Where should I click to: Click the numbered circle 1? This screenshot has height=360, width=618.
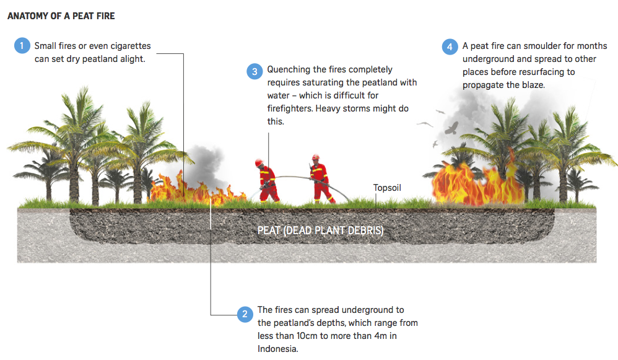coord(22,46)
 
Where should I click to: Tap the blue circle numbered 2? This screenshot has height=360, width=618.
coord(245,315)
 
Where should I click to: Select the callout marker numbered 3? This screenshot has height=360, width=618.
coord(255,71)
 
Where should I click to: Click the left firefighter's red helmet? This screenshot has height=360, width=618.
coord(259,162)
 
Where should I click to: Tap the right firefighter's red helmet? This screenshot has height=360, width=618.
coord(315,157)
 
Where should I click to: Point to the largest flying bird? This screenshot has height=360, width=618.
coord(452,128)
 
